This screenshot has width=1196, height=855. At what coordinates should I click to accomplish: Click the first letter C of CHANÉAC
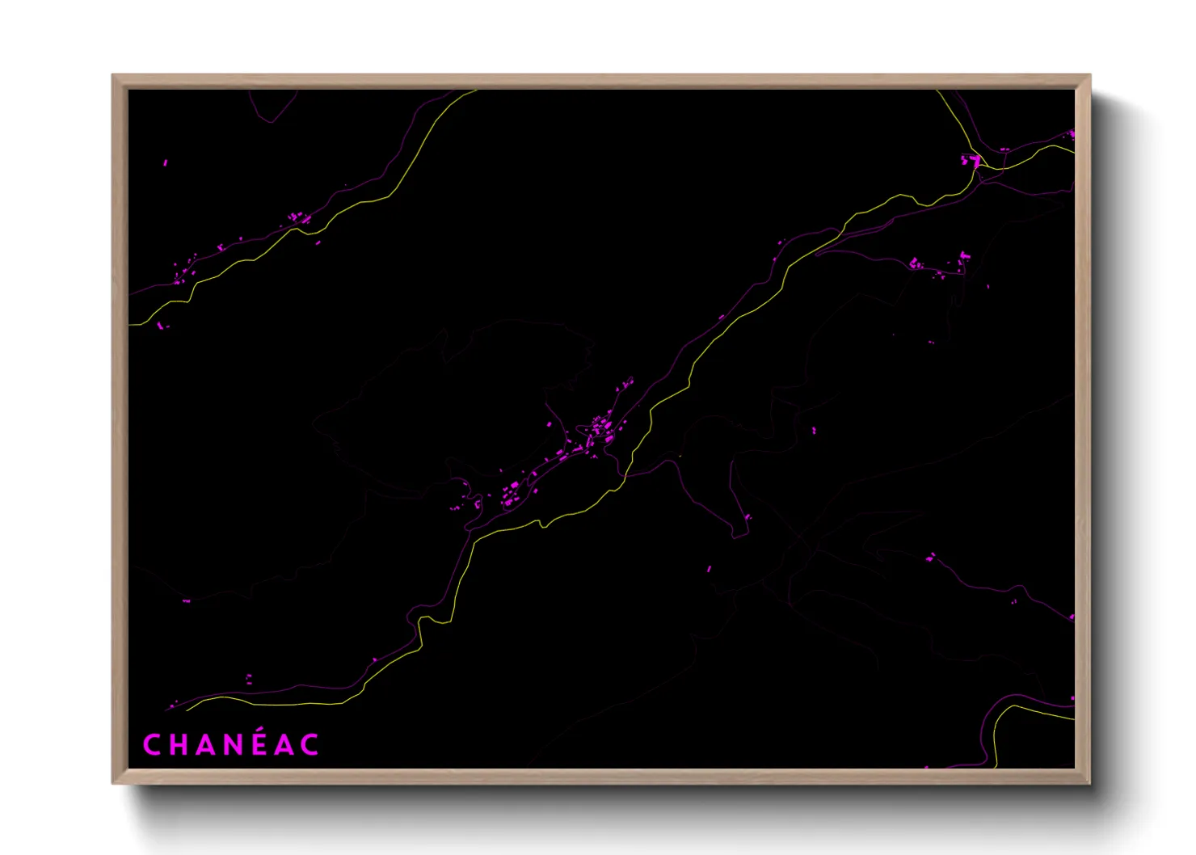click(x=151, y=745)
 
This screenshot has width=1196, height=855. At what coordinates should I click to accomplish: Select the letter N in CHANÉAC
click(x=234, y=745)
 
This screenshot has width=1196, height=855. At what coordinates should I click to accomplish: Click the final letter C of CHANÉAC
click(x=310, y=745)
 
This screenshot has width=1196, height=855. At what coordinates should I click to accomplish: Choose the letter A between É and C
click(x=284, y=745)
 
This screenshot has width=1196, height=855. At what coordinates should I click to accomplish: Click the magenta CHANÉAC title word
click(x=231, y=744)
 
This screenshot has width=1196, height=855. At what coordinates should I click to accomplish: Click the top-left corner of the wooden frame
click(x=114, y=76)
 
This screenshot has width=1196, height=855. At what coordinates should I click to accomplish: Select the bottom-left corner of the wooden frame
click(x=114, y=782)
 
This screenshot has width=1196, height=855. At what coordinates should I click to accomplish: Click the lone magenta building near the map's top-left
click(x=166, y=162)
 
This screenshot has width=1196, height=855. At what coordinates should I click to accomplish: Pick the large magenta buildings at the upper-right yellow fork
click(x=971, y=161)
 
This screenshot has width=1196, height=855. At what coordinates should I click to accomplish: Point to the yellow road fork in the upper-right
click(x=979, y=168)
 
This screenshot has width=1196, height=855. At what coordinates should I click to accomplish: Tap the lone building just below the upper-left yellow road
click(x=318, y=242)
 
